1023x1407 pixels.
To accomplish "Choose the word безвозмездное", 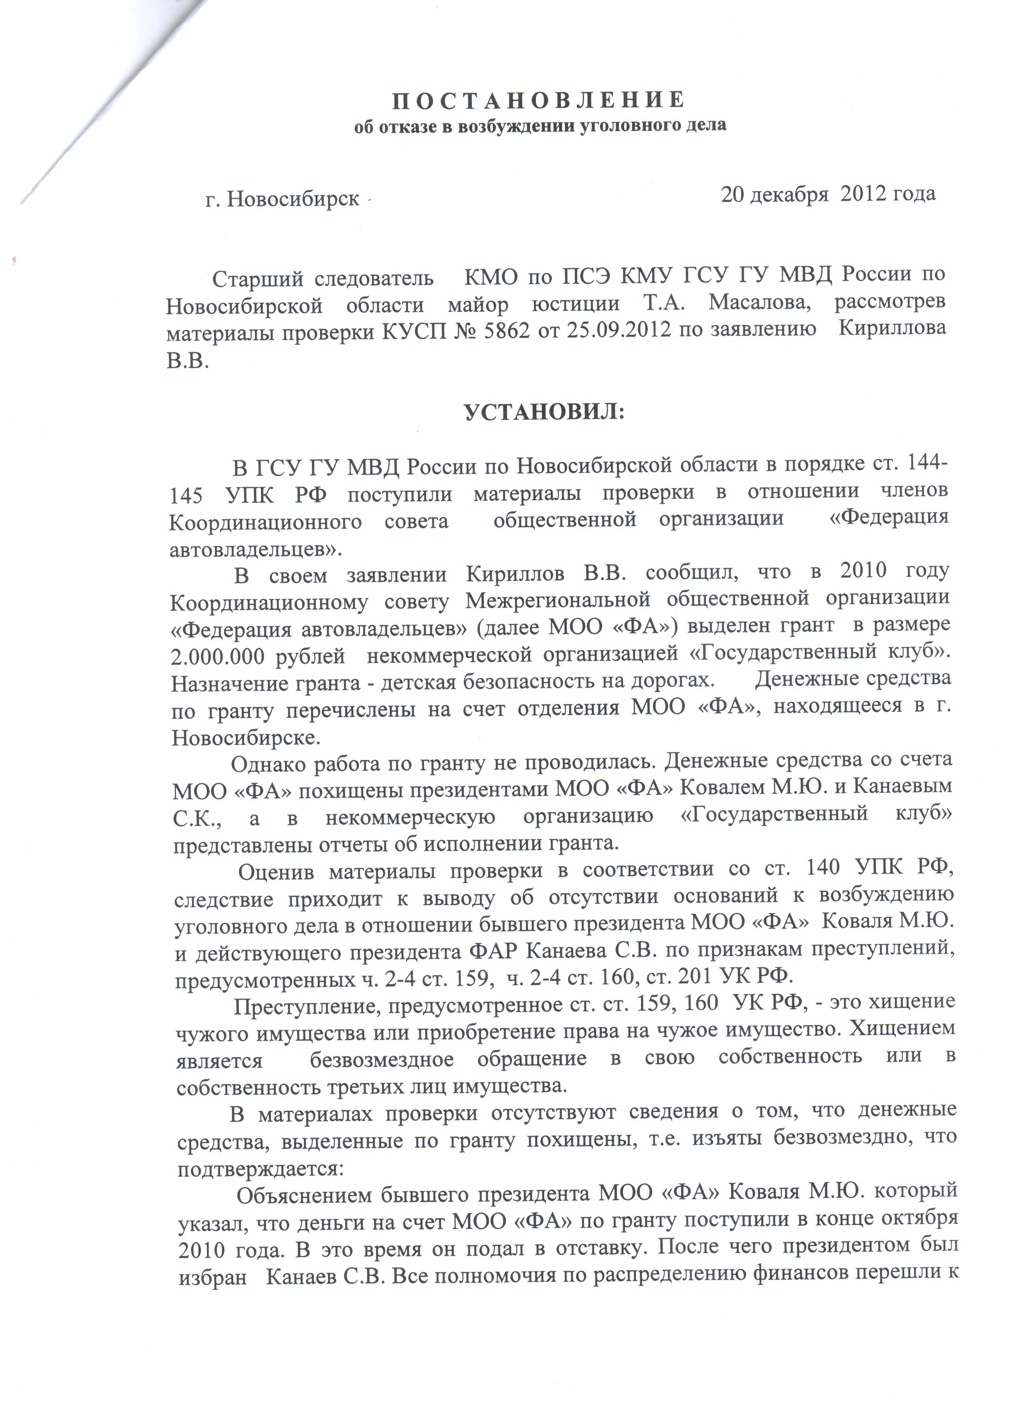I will point(382,1059).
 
